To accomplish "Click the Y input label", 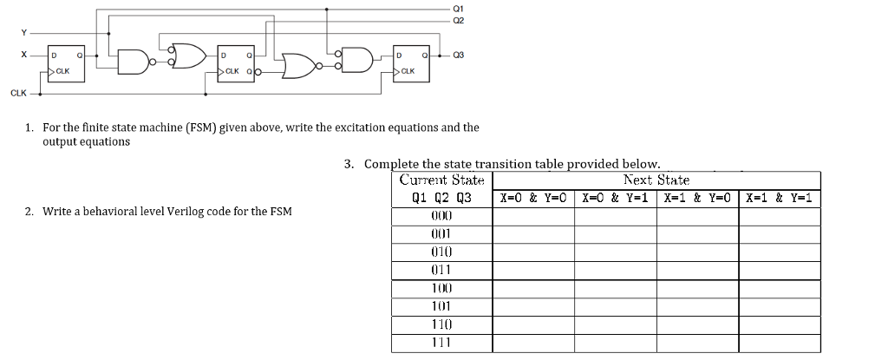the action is coord(23,33).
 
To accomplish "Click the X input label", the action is coord(23,55).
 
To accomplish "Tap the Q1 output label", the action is coord(458,9).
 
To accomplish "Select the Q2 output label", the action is coord(458,21).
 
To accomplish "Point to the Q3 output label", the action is coord(458,55).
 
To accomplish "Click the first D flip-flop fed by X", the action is coord(66,63).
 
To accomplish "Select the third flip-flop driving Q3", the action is coord(412,63).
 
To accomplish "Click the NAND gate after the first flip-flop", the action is coord(134,62).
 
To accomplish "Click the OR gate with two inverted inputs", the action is coord(188,55).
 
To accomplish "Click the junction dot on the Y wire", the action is coord(108,33).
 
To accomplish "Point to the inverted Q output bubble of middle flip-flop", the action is coord(258,72).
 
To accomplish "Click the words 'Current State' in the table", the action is coord(441,180).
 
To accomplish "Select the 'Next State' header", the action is coord(656,180).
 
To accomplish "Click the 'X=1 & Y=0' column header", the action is coord(698,199).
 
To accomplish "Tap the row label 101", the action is coord(441,307).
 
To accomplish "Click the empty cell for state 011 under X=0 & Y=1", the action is coord(616,271).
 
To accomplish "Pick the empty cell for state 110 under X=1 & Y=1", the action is coord(780,324).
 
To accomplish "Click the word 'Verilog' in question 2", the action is coord(186,212).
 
